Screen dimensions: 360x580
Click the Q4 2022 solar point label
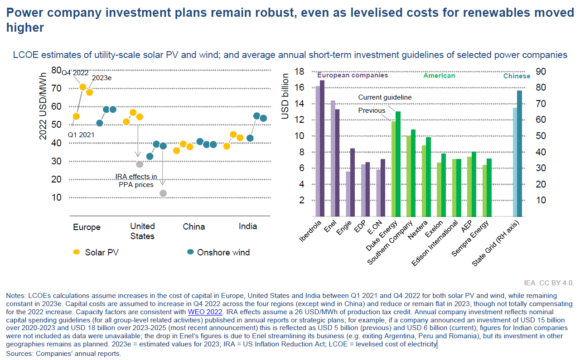(75, 73)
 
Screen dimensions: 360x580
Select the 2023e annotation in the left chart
(102, 78)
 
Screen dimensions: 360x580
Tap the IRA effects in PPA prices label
(136, 181)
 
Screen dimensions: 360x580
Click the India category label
(248, 226)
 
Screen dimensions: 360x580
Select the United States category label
(142, 231)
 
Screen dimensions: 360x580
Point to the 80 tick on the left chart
(56, 70)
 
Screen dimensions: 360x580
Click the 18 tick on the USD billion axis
(299, 72)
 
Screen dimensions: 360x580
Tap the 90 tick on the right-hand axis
(541, 72)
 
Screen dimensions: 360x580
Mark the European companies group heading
(353, 76)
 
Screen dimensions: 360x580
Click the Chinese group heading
(517, 76)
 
